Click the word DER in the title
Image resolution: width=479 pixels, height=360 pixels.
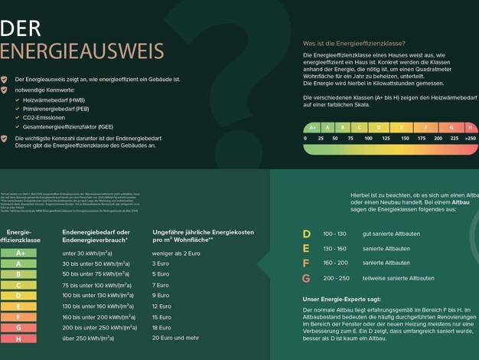21,29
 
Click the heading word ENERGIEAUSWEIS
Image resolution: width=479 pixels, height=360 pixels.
82,51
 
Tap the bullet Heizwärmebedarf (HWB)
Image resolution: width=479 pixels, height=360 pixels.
54,100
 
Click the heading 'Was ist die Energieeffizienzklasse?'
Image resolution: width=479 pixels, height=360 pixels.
354,44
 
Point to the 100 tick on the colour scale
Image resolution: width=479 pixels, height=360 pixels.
368,139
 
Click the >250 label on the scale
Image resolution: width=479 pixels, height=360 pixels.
469,139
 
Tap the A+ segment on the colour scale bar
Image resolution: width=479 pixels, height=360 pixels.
312,127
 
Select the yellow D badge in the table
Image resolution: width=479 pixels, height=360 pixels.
18,285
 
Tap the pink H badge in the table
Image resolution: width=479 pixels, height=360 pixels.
18,327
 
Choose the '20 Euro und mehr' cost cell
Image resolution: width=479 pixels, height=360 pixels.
175,338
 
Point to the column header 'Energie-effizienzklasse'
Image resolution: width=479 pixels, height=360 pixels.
19,236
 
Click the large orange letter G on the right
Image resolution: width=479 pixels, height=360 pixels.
306,278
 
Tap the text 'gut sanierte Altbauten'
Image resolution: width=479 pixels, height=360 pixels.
393,234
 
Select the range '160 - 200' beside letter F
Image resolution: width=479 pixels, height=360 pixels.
335,263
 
